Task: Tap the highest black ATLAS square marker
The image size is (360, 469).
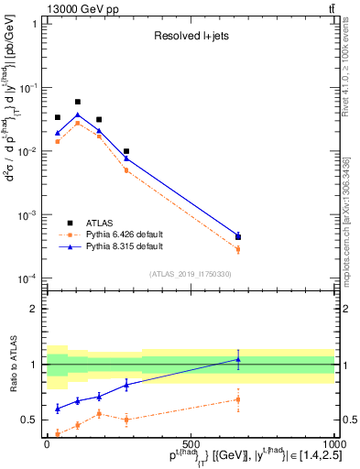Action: [78, 102]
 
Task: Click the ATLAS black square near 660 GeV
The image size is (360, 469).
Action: [238, 236]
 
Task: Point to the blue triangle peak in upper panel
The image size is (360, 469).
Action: [78, 115]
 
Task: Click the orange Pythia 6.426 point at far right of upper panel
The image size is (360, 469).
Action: [238, 249]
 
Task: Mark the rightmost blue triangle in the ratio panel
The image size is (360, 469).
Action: [238, 359]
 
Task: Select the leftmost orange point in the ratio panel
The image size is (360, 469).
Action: [58, 433]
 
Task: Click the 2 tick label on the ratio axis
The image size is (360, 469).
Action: [38, 309]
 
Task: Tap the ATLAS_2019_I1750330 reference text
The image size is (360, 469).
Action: [191, 274]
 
